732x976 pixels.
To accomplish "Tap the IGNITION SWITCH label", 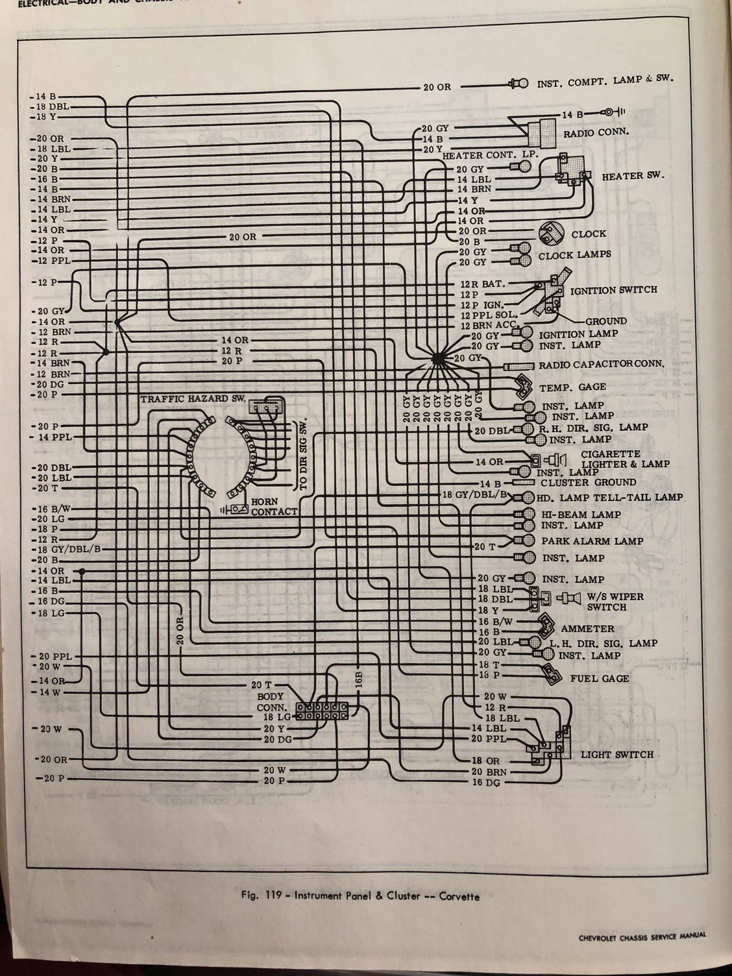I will point(613,289).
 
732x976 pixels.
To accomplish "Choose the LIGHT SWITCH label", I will point(616,755).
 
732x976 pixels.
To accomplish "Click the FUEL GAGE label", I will point(600,678).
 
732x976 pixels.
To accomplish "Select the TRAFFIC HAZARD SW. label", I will point(193,400).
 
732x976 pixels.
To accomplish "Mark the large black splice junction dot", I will point(437,358).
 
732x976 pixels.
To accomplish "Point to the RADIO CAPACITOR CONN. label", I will point(602,364).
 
